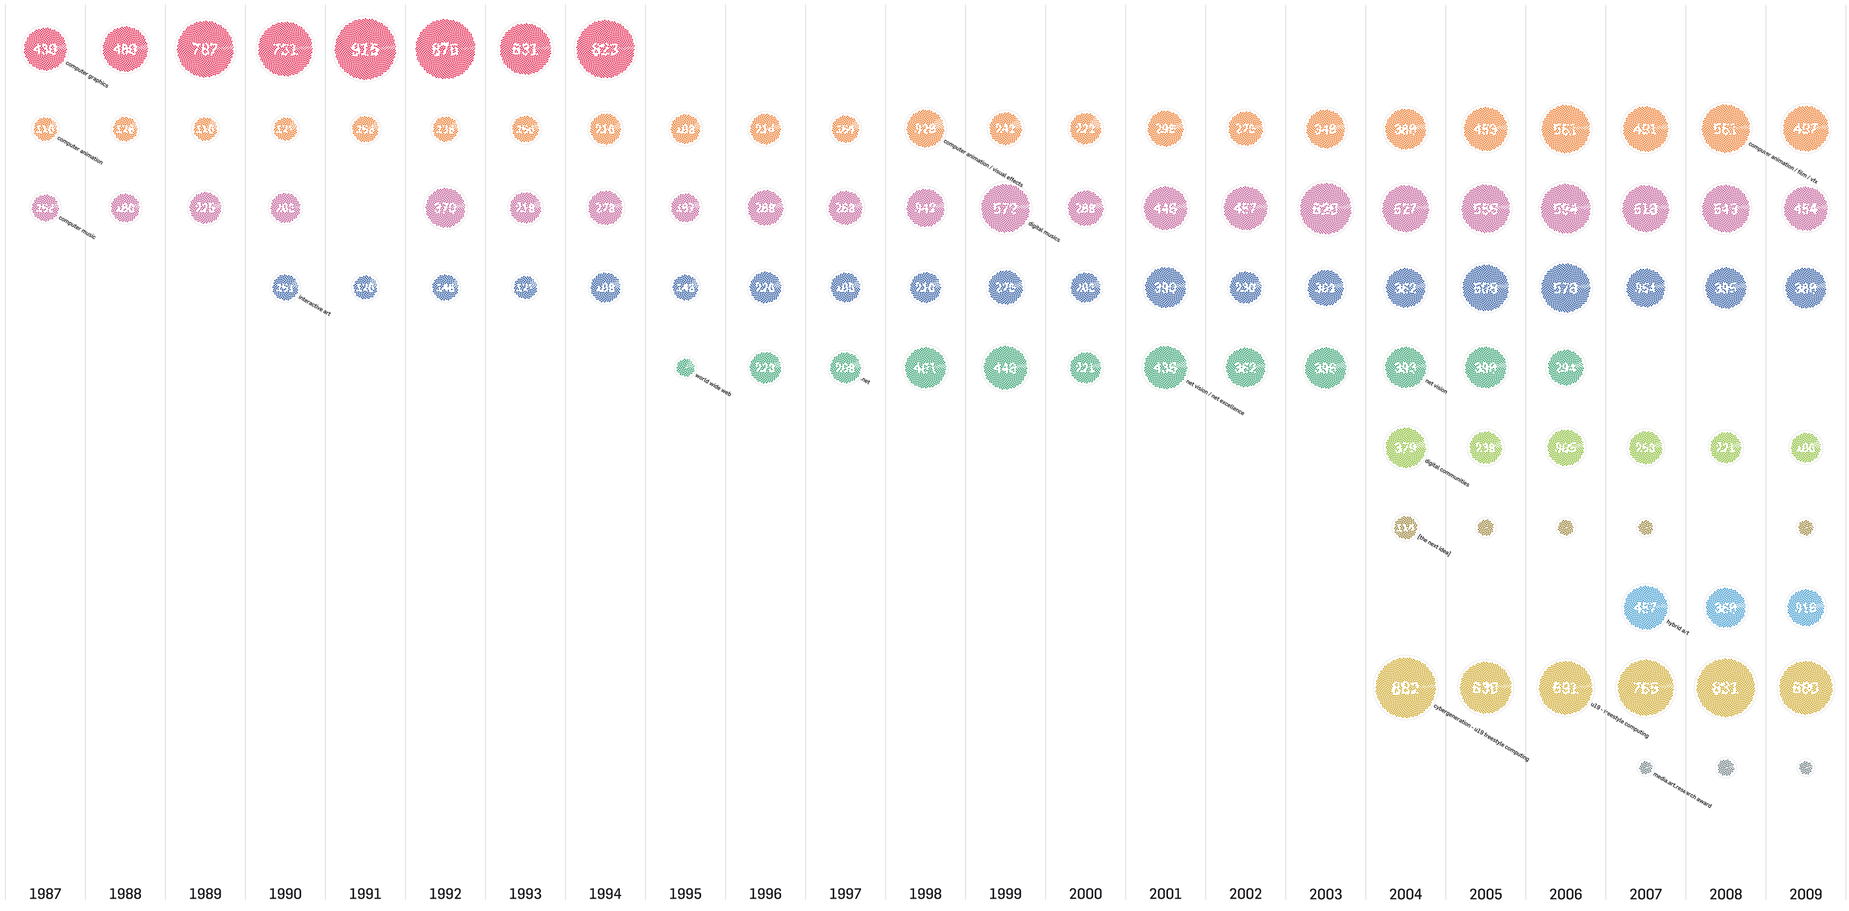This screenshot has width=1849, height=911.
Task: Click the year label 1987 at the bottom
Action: (45, 893)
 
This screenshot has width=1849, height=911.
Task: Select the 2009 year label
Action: (1806, 893)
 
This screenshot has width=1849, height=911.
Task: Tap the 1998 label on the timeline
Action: (924, 893)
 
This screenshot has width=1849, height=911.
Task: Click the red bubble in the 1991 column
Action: (366, 49)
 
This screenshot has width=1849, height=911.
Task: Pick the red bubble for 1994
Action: (605, 49)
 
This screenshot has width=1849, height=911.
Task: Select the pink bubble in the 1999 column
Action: (1005, 208)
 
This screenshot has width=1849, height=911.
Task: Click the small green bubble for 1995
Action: (685, 368)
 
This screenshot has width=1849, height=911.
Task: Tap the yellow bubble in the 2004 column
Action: (1405, 688)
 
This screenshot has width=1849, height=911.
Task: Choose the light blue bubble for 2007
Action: (1645, 607)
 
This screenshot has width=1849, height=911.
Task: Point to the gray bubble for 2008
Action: (1726, 767)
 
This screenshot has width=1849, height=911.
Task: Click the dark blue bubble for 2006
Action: (1565, 288)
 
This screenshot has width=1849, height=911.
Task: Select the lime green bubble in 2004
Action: (1405, 447)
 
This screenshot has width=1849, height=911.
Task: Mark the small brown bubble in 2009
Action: (1806, 528)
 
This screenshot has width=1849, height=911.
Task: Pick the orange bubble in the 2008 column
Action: (1726, 129)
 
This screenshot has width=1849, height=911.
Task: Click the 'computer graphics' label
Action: (87, 75)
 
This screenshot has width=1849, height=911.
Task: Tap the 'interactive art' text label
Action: (314, 306)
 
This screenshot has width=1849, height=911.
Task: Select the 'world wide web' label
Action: (713, 386)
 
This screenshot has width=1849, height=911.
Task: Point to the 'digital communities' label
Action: (1447, 473)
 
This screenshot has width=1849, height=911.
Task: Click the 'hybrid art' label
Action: (1678, 627)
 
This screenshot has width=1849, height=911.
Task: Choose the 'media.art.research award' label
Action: (1681, 790)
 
